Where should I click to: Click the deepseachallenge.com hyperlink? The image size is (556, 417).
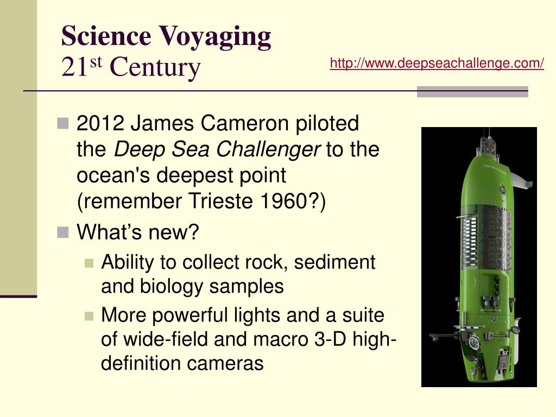click(437, 64)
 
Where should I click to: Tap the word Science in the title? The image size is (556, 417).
click(106, 36)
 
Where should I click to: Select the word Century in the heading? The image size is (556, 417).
click(155, 67)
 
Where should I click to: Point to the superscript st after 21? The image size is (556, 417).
click(96, 62)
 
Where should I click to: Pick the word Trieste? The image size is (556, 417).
click(214, 202)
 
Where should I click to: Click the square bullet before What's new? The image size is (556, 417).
click(64, 233)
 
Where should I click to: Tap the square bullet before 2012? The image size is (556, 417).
click(64, 124)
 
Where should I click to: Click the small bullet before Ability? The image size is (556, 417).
click(90, 263)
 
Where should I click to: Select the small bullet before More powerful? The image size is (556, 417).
click(90, 315)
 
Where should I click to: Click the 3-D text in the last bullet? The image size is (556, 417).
click(330, 339)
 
